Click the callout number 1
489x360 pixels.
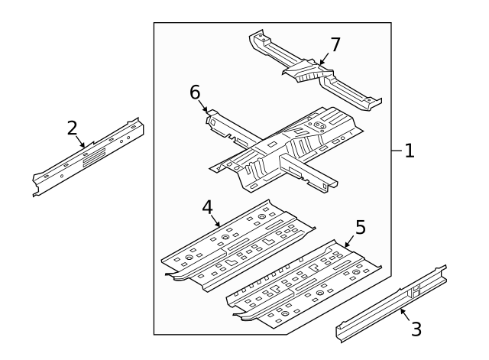click(x=410, y=151)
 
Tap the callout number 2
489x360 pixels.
click(x=73, y=128)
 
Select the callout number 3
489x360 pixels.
click(x=416, y=329)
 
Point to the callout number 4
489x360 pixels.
click(x=207, y=208)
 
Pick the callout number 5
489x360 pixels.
click(x=360, y=227)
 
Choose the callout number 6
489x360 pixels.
click(x=196, y=93)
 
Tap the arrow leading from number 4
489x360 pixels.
click(x=215, y=219)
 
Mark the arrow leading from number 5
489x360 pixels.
click(x=350, y=238)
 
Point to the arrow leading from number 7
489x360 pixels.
click(x=323, y=56)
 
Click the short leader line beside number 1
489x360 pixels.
click(x=397, y=151)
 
